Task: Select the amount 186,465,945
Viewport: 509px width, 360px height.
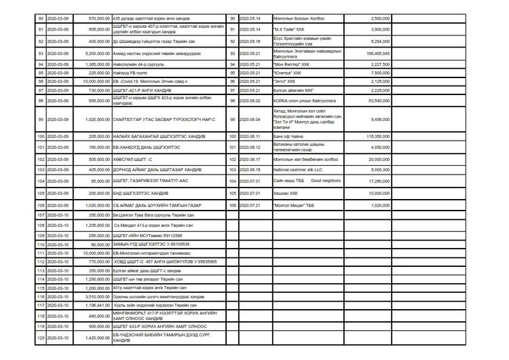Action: pyautogui.click(x=375, y=52)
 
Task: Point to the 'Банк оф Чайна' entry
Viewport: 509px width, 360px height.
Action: pyautogui.click(x=288, y=137)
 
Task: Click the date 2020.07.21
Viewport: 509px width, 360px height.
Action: pyautogui.click(x=250, y=204)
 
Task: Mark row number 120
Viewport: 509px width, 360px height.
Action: pyautogui.click(x=40, y=337)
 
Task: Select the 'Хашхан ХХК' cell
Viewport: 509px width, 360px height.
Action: pyautogui.click(x=286, y=193)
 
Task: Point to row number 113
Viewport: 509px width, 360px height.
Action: pyautogui.click(x=40, y=270)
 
